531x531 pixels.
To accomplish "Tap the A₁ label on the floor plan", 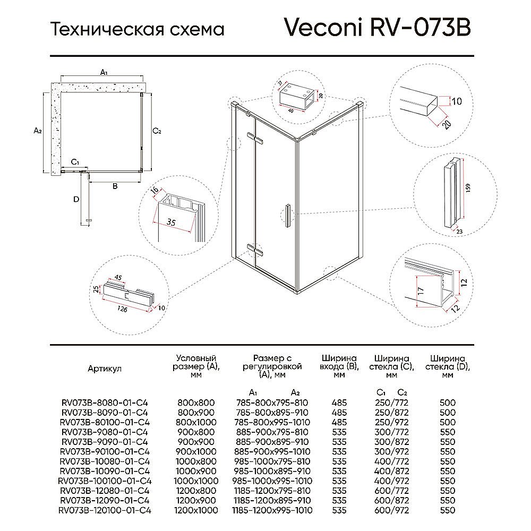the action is click(x=104, y=72).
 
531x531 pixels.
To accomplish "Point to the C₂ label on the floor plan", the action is click(x=157, y=131).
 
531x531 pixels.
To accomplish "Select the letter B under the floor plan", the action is click(x=115, y=186).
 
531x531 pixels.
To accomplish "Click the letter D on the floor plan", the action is click(x=76, y=200).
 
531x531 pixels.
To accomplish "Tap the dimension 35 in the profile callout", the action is click(x=171, y=222).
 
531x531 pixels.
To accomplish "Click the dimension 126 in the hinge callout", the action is click(x=122, y=309).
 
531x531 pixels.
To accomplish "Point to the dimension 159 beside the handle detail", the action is click(x=468, y=189).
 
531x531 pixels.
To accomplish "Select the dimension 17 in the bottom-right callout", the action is click(x=421, y=290).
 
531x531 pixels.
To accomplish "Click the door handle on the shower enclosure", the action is click(x=288, y=216).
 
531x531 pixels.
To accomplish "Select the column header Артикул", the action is click(x=105, y=369).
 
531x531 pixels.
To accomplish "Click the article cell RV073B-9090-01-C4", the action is click(x=105, y=442).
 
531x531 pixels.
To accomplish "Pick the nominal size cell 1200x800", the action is click(x=196, y=491).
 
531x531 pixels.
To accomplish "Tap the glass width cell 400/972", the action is click(x=391, y=481).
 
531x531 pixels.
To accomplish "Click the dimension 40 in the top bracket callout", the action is click(x=290, y=110).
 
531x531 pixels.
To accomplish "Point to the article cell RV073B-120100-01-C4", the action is click(x=105, y=510).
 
